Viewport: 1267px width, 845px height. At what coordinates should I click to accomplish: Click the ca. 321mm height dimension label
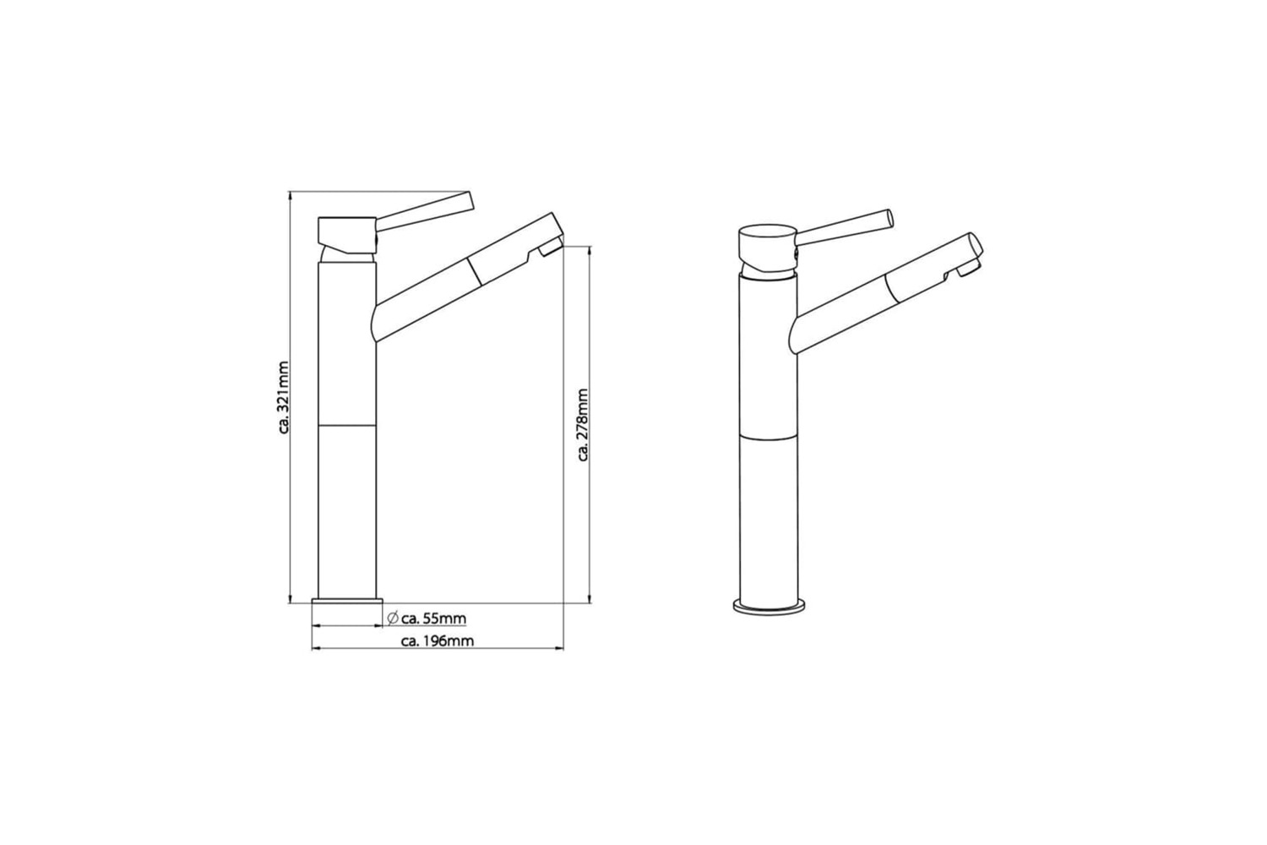tap(285, 397)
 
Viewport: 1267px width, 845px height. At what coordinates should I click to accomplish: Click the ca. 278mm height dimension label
tap(583, 424)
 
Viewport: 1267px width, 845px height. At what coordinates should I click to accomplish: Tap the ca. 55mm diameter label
tap(434, 619)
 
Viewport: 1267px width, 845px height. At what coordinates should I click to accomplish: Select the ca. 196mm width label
tap(438, 641)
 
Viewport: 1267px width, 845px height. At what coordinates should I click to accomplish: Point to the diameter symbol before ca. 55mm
tap(393, 619)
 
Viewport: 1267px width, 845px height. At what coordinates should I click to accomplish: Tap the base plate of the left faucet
tap(348, 601)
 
